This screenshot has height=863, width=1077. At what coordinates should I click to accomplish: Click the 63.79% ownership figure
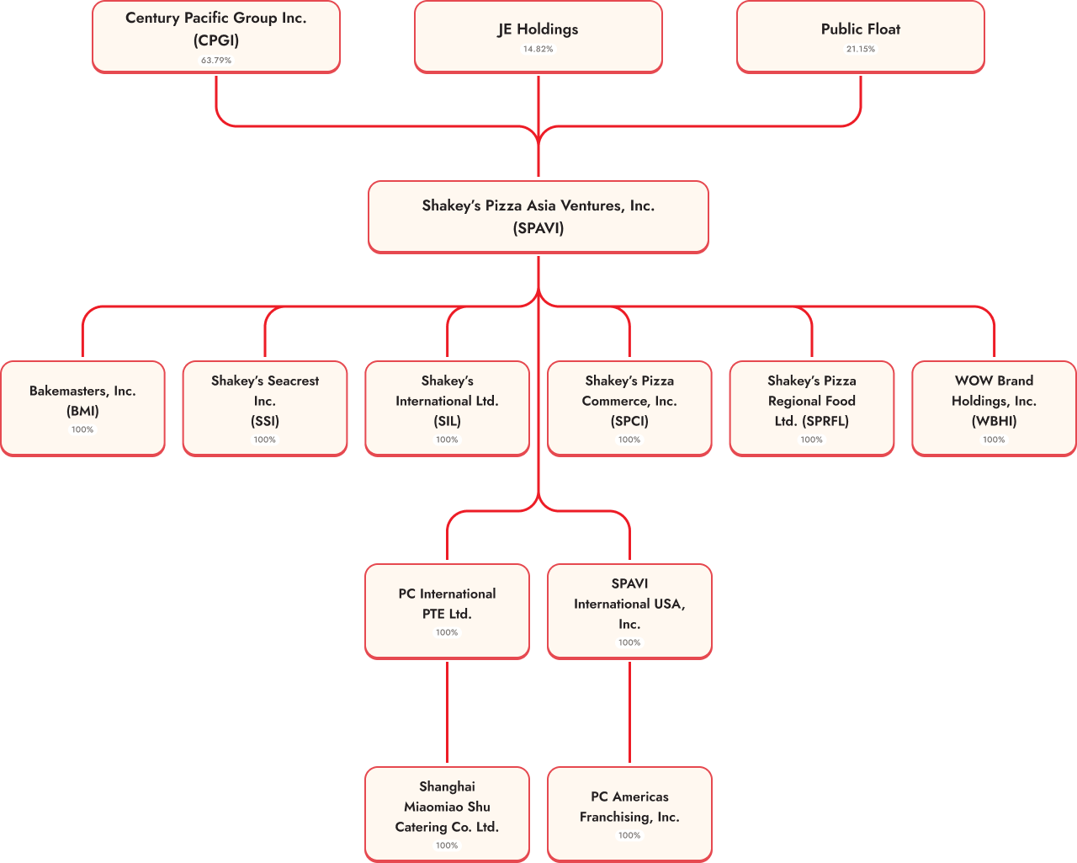(216, 61)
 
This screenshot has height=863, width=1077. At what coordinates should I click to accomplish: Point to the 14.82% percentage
(538, 49)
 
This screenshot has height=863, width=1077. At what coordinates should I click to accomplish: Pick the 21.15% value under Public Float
(861, 49)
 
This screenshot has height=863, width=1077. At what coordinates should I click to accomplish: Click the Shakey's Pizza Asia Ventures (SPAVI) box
(538, 216)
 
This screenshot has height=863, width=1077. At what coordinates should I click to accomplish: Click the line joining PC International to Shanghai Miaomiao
(447, 711)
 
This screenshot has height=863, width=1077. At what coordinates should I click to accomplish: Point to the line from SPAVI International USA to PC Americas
(629, 711)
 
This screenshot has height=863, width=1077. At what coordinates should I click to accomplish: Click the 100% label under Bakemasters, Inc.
(82, 429)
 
